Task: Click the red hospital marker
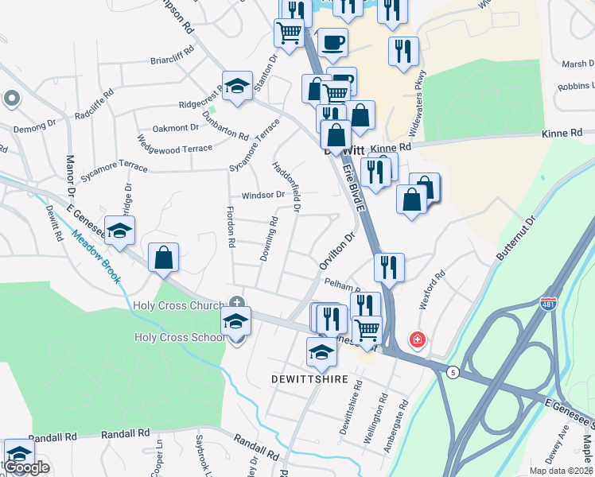[x=417, y=340]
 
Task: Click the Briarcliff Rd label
[x=173, y=60]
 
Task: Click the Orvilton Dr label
[x=335, y=251]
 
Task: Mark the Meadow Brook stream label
[x=95, y=254]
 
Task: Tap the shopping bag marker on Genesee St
[x=163, y=258]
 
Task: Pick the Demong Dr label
[x=35, y=126]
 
